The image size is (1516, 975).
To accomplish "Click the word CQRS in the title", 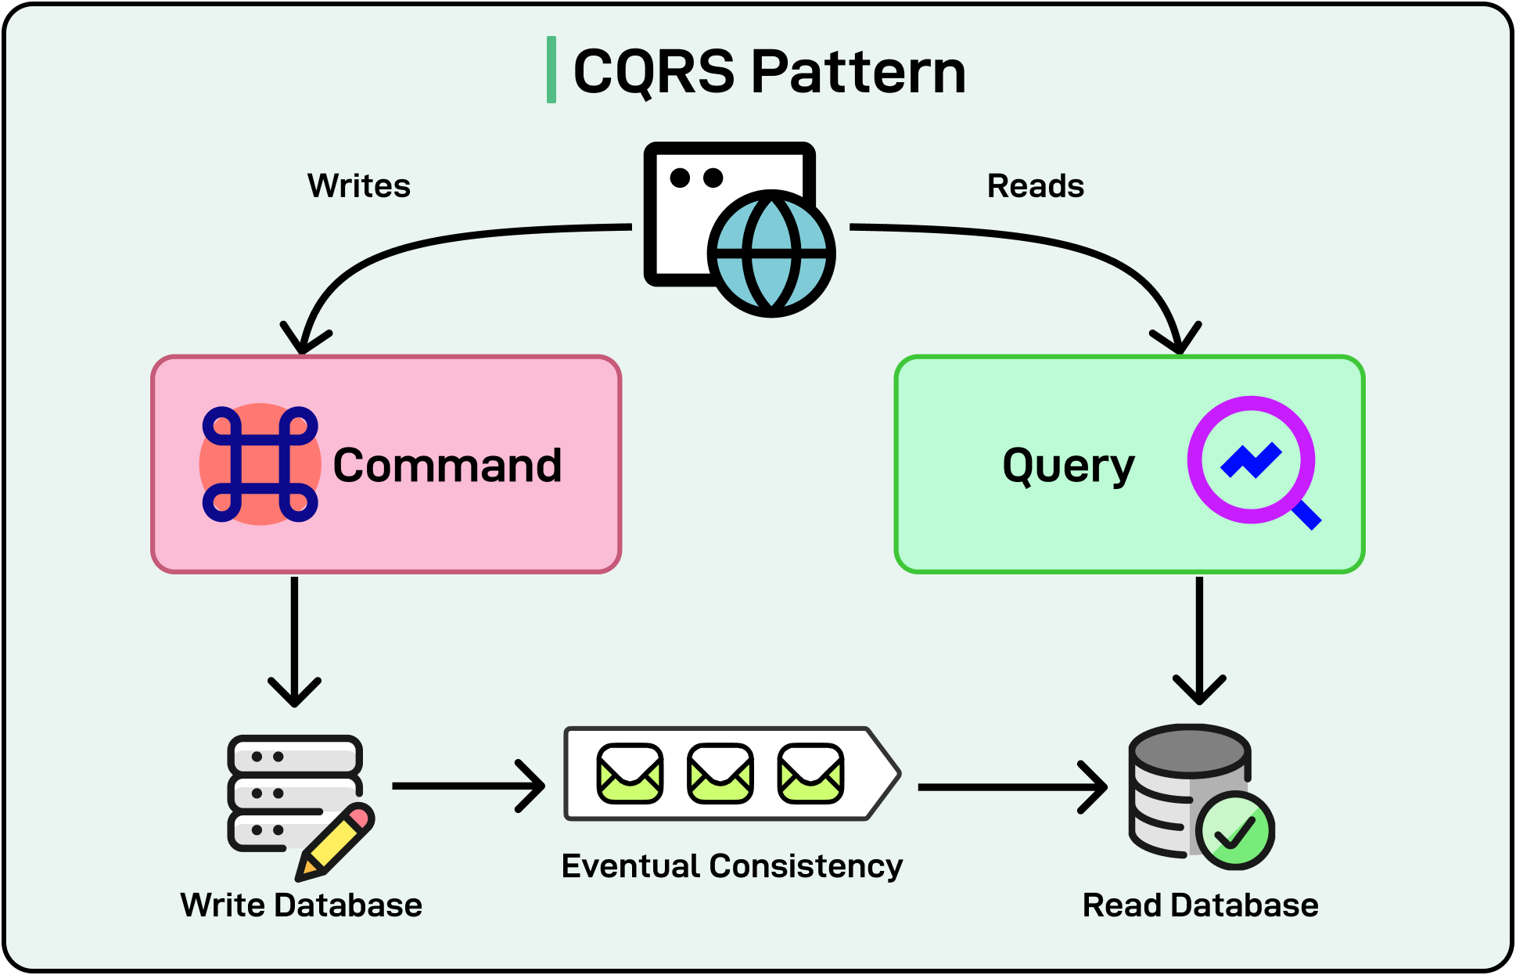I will (654, 71).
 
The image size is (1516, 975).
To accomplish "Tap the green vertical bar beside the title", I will (551, 70).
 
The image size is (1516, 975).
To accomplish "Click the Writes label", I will (359, 186).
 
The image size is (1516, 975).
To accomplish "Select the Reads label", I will (1035, 186).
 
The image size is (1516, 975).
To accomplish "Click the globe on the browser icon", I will (771, 254).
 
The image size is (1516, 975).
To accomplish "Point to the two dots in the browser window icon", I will (696, 178).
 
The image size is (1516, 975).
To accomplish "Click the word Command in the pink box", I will (447, 466).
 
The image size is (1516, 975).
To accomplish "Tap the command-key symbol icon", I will (260, 464).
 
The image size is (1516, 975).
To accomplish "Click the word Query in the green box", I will (1068, 466).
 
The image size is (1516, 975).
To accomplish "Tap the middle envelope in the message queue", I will (720, 773).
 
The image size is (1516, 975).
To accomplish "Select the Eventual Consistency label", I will (731, 866).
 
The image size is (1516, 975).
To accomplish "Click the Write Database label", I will (301, 905).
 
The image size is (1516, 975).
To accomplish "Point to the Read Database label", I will (1200, 905).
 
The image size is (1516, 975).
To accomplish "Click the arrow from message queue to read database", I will (1011, 787).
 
